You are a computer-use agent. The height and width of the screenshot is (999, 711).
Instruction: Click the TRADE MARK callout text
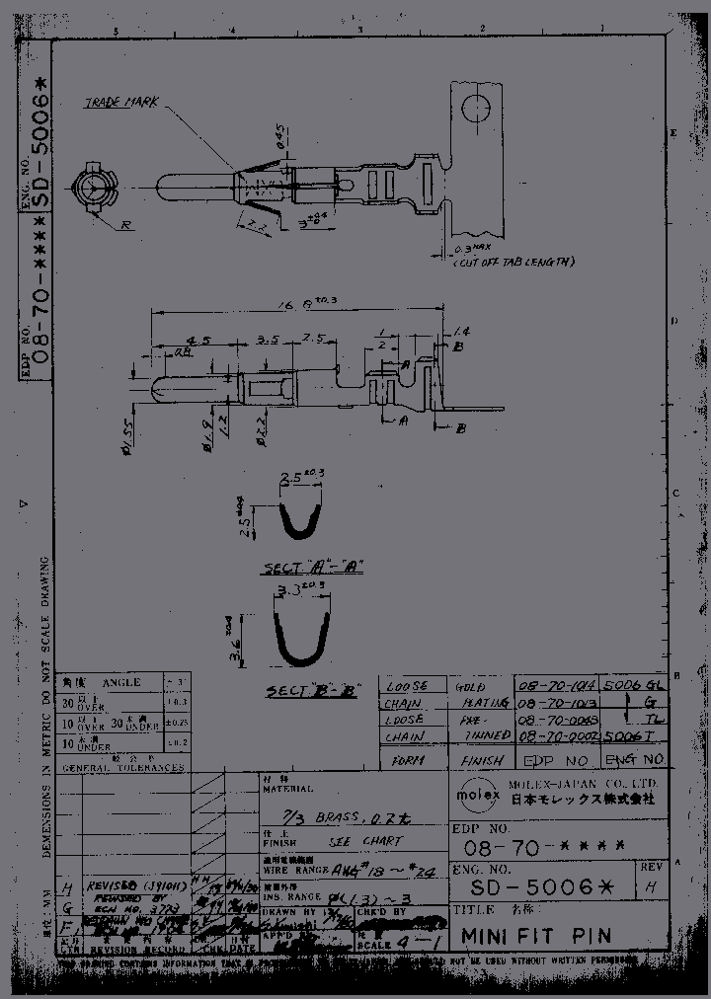(122, 102)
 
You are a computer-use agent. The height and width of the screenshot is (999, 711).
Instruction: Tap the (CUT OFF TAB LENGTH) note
(513, 263)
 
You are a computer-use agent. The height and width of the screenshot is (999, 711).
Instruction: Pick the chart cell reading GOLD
(473, 685)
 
